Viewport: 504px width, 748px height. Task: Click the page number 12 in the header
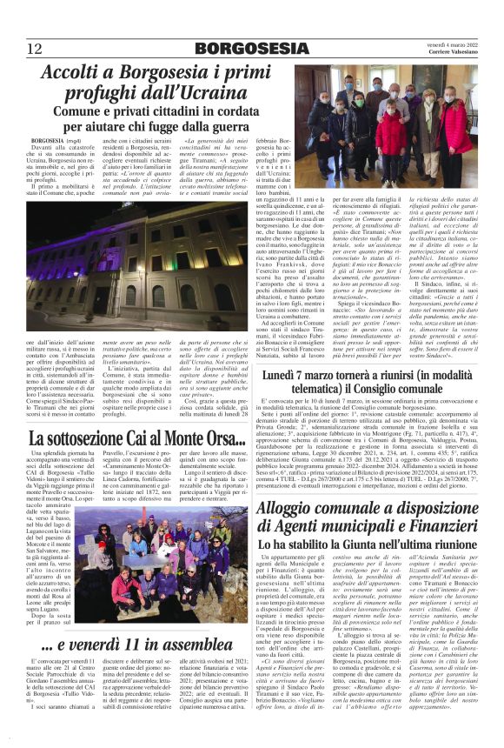pyautogui.click(x=35, y=48)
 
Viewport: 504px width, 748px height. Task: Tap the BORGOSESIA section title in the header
pyautogui.click(x=250, y=48)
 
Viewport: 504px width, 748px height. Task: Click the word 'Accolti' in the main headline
pyautogui.click(x=75, y=73)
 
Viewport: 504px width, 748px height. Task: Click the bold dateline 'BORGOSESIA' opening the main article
pyautogui.click(x=47, y=140)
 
